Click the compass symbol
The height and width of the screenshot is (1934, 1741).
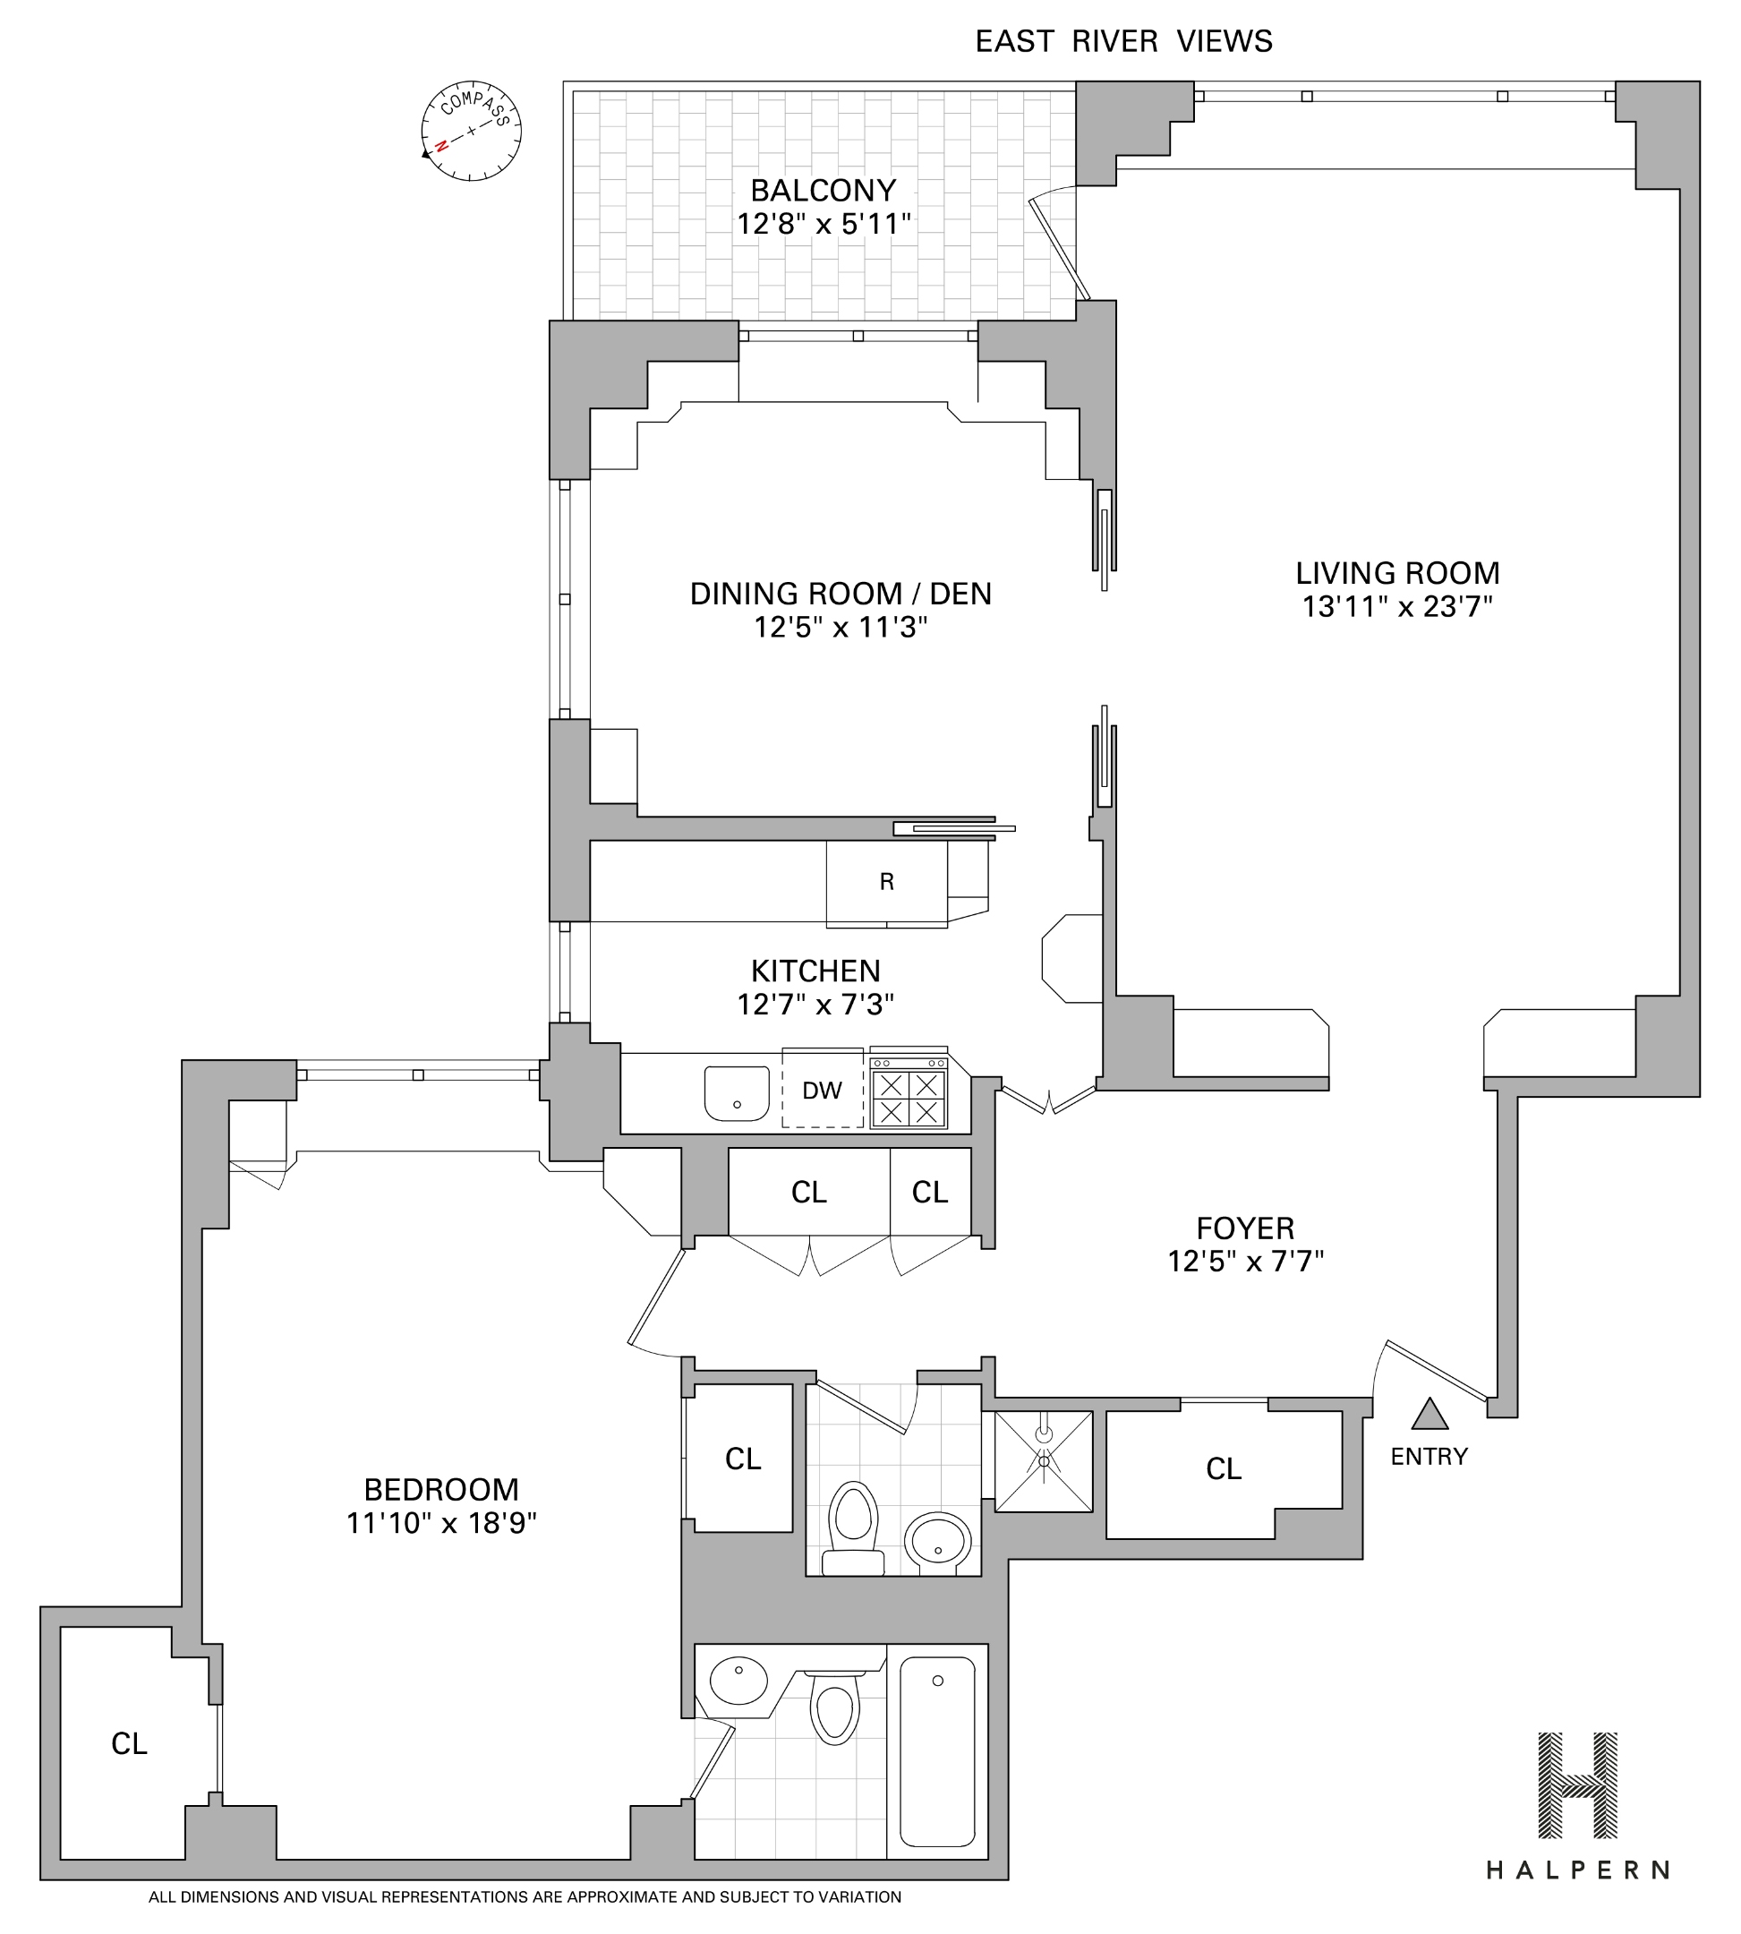click(x=471, y=131)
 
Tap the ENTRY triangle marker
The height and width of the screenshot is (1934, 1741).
click(x=1429, y=1416)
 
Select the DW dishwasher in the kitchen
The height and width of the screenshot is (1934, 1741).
click(x=822, y=1089)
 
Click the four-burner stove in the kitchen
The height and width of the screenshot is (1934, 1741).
click(x=908, y=1097)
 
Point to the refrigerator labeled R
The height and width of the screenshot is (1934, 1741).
click(x=887, y=882)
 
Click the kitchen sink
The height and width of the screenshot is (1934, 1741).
click(x=737, y=1093)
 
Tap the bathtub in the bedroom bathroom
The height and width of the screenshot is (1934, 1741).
click(x=937, y=1752)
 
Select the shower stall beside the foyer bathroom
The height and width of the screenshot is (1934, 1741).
click(x=1044, y=1461)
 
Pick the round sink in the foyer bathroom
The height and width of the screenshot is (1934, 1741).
click(x=937, y=1542)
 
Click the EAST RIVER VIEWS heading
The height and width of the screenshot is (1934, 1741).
click(x=1123, y=42)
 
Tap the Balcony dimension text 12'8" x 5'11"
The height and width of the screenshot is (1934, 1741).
click(x=823, y=224)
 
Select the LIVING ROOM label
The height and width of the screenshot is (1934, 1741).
click(x=1396, y=573)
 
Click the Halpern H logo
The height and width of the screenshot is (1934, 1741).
click(x=1577, y=1784)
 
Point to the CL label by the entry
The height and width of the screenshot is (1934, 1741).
click(x=1224, y=1469)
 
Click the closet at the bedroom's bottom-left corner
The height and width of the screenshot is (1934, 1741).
click(x=129, y=1744)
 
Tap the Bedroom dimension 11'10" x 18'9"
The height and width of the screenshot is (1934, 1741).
click(x=441, y=1522)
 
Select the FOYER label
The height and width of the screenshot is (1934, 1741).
click(x=1244, y=1228)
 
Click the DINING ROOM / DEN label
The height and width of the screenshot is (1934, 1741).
click(x=841, y=594)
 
